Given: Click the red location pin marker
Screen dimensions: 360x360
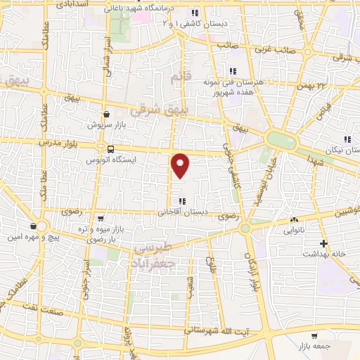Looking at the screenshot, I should click(x=181, y=165).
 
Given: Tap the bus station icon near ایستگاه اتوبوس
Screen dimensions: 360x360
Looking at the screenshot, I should click(x=110, y=148).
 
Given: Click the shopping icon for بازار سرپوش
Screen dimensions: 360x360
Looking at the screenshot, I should click(x=106, y=113).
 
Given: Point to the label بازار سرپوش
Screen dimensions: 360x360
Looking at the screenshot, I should click(x=105, y=125).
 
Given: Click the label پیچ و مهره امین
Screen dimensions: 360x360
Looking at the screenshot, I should click(x=32, y=238).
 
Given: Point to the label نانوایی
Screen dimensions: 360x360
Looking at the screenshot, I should click(x=294, y=229).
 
